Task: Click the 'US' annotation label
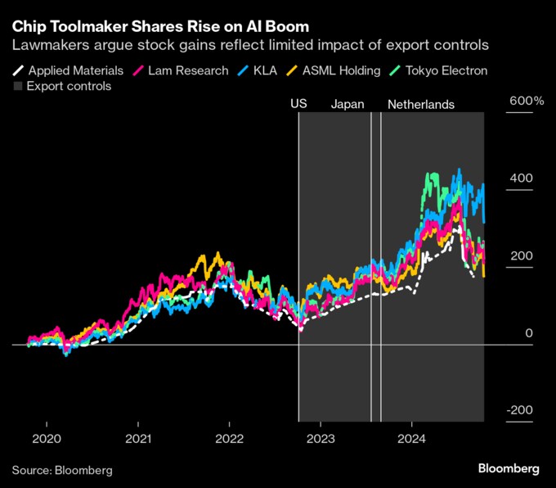(298, 105)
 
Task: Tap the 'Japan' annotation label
(347, 105)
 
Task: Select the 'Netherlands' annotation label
(420, 105)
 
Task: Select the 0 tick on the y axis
(529, 333)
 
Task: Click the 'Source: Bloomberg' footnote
(62, 471)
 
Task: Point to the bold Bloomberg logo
(509, 469)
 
